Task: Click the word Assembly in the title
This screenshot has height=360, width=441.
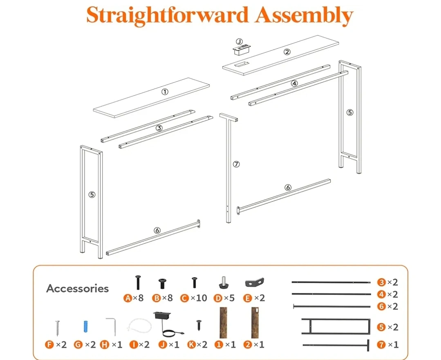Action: [304, 16]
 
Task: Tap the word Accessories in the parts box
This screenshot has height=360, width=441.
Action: [78, 288]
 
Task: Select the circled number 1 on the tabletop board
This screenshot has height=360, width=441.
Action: [165, 92]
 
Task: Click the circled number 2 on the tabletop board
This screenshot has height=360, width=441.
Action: [287, 52]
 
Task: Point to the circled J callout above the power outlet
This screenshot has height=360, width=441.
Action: [239, 42]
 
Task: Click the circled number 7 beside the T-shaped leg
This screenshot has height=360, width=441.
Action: [236, 164]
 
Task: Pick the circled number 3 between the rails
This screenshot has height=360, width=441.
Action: [159, 128]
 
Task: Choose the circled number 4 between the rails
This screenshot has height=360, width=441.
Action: [294, 83]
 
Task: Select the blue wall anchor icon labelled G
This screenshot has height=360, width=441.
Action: [86, 326]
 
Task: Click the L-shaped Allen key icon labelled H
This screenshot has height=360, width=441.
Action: [112, 326]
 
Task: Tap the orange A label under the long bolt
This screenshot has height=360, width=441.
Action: [128, 298]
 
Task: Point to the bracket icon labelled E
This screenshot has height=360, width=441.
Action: [255, 282]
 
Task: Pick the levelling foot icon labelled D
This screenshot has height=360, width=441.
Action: [224, 283]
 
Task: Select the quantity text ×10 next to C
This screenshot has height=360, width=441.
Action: [199, 298]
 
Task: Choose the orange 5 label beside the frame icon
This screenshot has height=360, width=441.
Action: [381, 327]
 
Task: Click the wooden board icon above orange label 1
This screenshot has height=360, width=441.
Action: [224, 322]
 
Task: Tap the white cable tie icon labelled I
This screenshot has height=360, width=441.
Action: [139, 326]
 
